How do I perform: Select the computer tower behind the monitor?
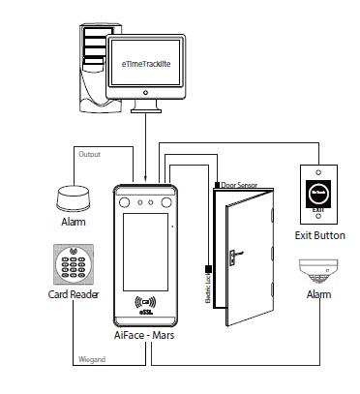[x=95, y=58]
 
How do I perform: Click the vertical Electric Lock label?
[x=208, y=288]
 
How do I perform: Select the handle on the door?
[x=235, y=258]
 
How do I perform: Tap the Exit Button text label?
[x=318, y=234]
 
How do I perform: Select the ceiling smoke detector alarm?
[x=318, y=269]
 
